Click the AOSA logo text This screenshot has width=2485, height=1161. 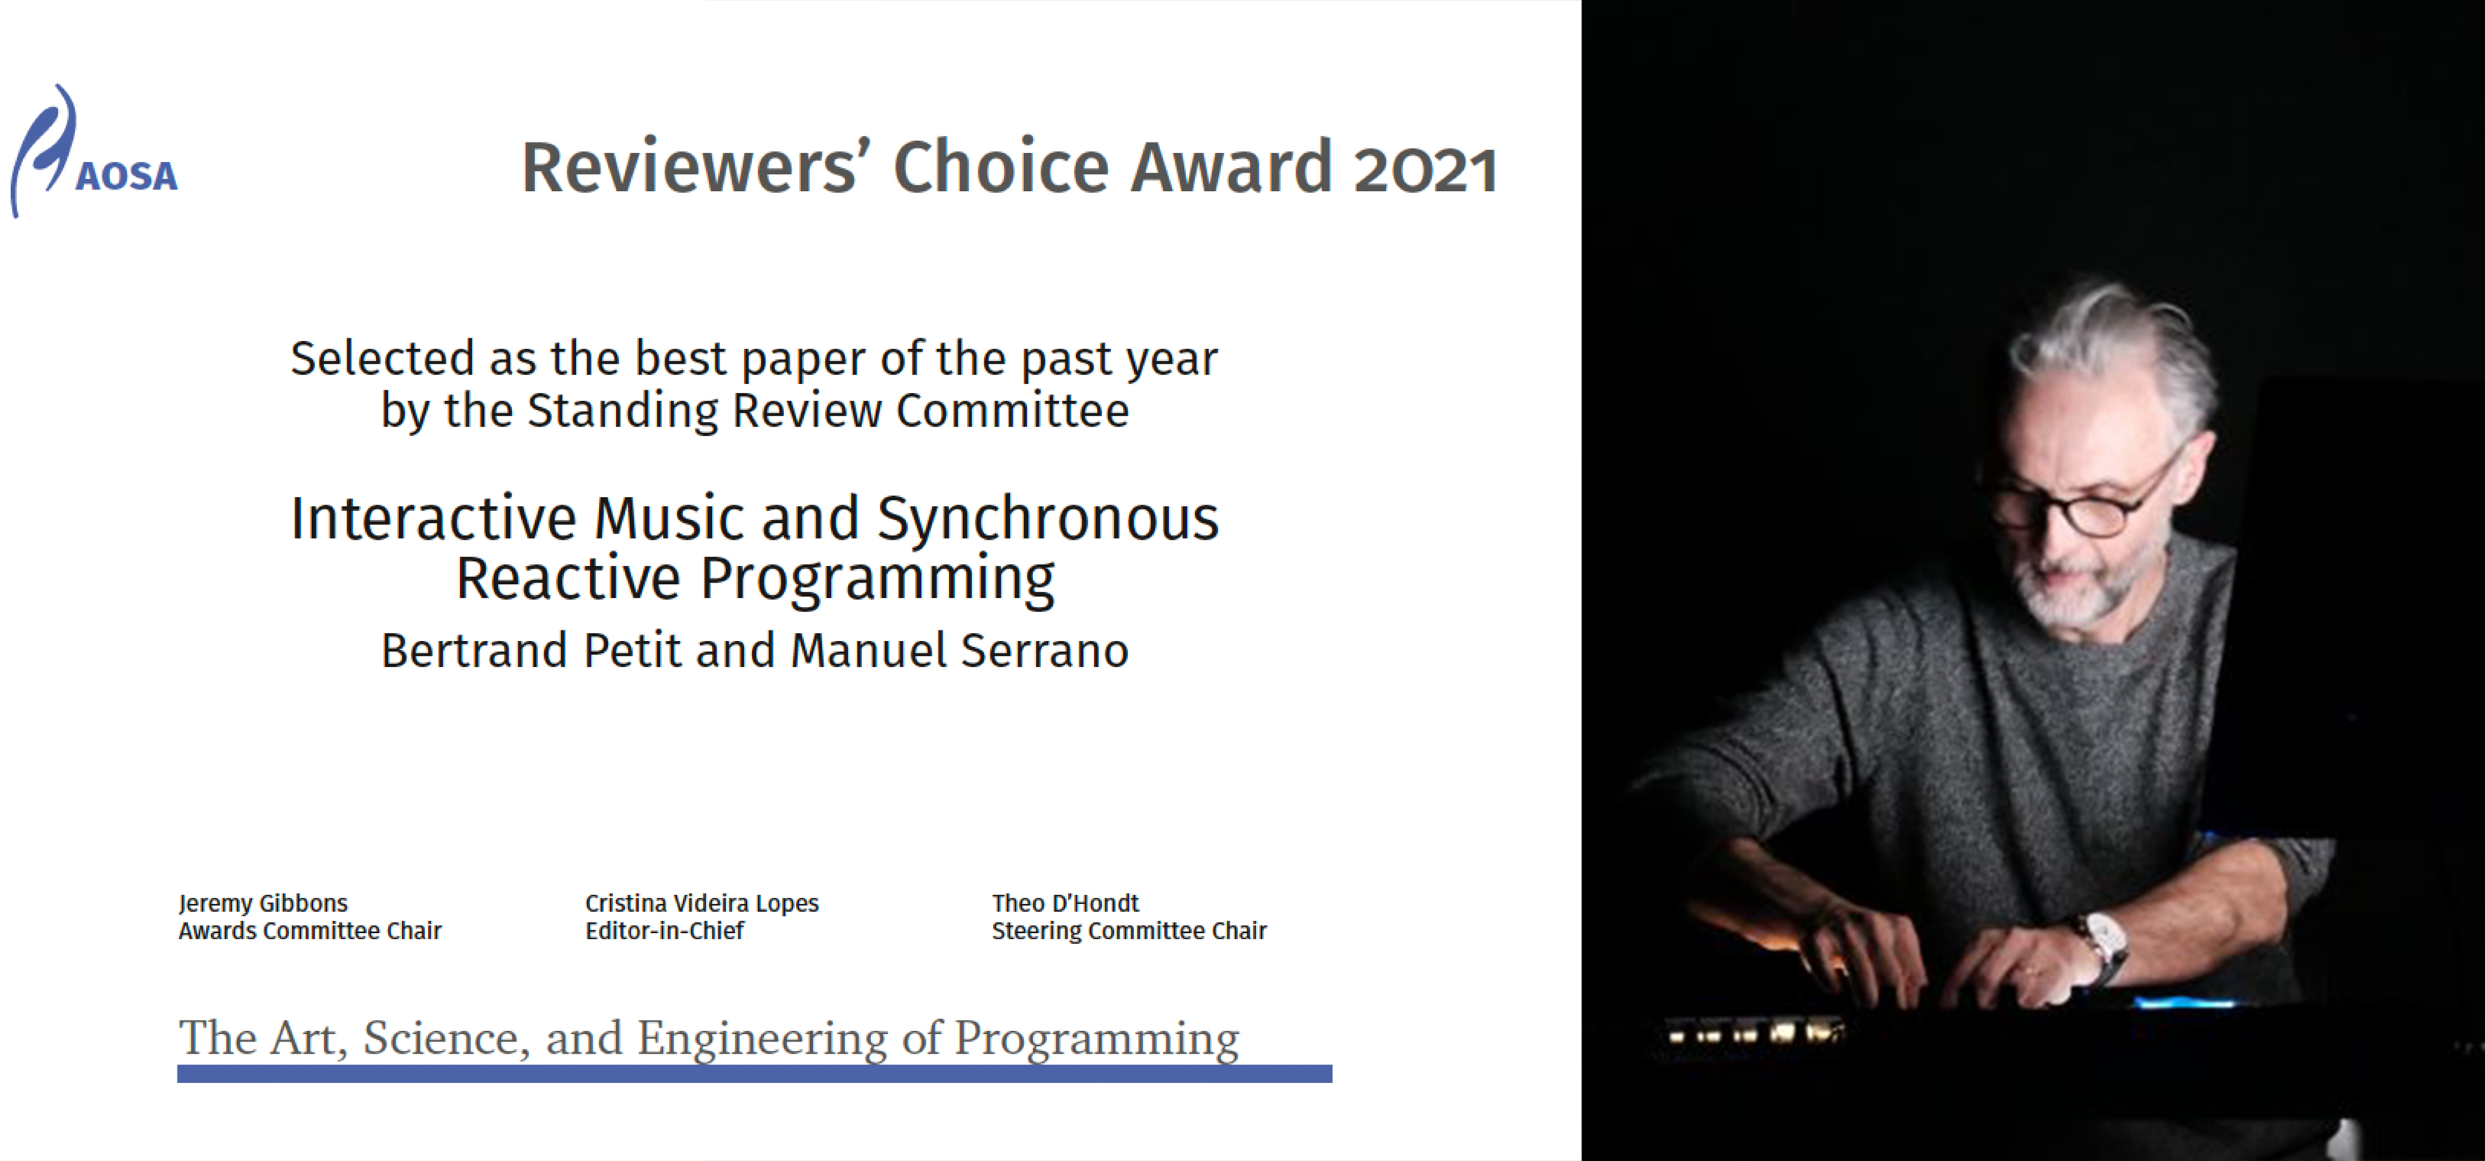point(126,175)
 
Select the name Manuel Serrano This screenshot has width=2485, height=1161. point(959,651)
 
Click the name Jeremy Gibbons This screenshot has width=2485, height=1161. point(263,903)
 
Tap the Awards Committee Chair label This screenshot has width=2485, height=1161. point(309,931)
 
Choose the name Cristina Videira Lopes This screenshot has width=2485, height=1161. point(701,903)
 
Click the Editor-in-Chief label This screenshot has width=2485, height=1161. point(665,931)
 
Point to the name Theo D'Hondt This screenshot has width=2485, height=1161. point(1065,903)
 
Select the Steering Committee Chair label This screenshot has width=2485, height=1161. point(1129,931)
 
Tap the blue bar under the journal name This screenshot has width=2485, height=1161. point(755,1074)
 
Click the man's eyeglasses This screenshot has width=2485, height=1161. point(2084,502)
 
